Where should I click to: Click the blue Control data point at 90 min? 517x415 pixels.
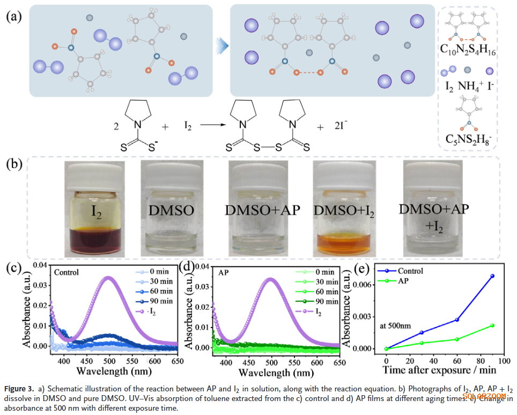point(492,276)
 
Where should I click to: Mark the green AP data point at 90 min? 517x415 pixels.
point(492,325)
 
